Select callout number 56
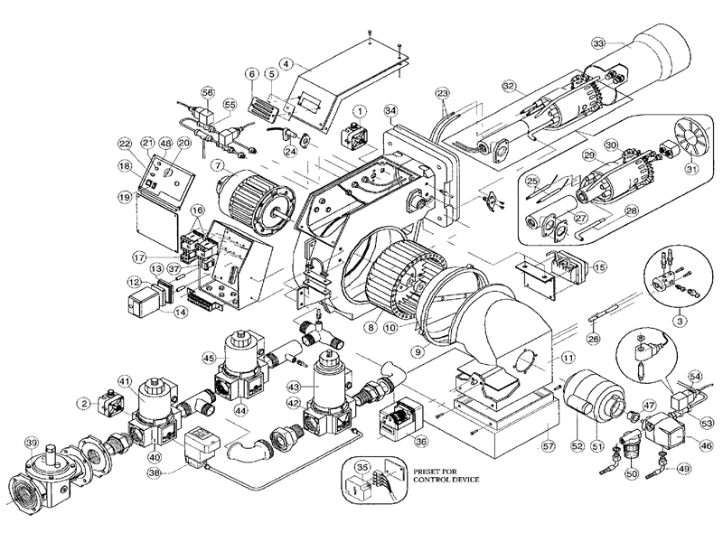click(x=208, y=92)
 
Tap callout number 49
click(x=681, y=469)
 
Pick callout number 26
click(x=593, y=340)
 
